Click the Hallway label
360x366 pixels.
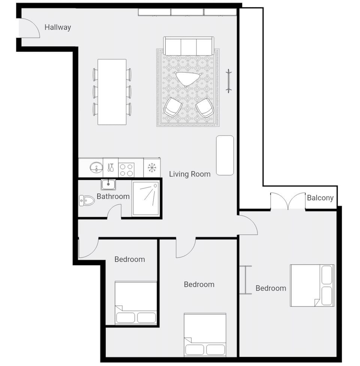point(58,27)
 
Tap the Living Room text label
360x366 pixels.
point(189,174)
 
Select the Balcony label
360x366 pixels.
point(320,198)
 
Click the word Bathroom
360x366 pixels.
point(113,196)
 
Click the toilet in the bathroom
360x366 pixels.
point(87,201)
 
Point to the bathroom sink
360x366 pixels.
point(108,184)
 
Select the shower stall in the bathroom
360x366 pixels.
point(146,199)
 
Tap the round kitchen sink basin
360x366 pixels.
point(96,167)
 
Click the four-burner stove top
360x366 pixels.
point(126,169)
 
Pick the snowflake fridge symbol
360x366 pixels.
point(151,168)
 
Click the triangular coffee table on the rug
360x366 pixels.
point(187,78)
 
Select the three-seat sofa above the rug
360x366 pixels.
point(189,46)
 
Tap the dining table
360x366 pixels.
point(112,91)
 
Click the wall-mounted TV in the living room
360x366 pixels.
point(228,81)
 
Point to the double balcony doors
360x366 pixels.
point(288,201)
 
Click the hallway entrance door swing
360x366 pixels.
point(29,28)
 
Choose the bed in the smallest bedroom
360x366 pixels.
point(135,302)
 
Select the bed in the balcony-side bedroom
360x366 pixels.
point(312,285)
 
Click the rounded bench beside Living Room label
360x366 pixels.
point(225,155)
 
